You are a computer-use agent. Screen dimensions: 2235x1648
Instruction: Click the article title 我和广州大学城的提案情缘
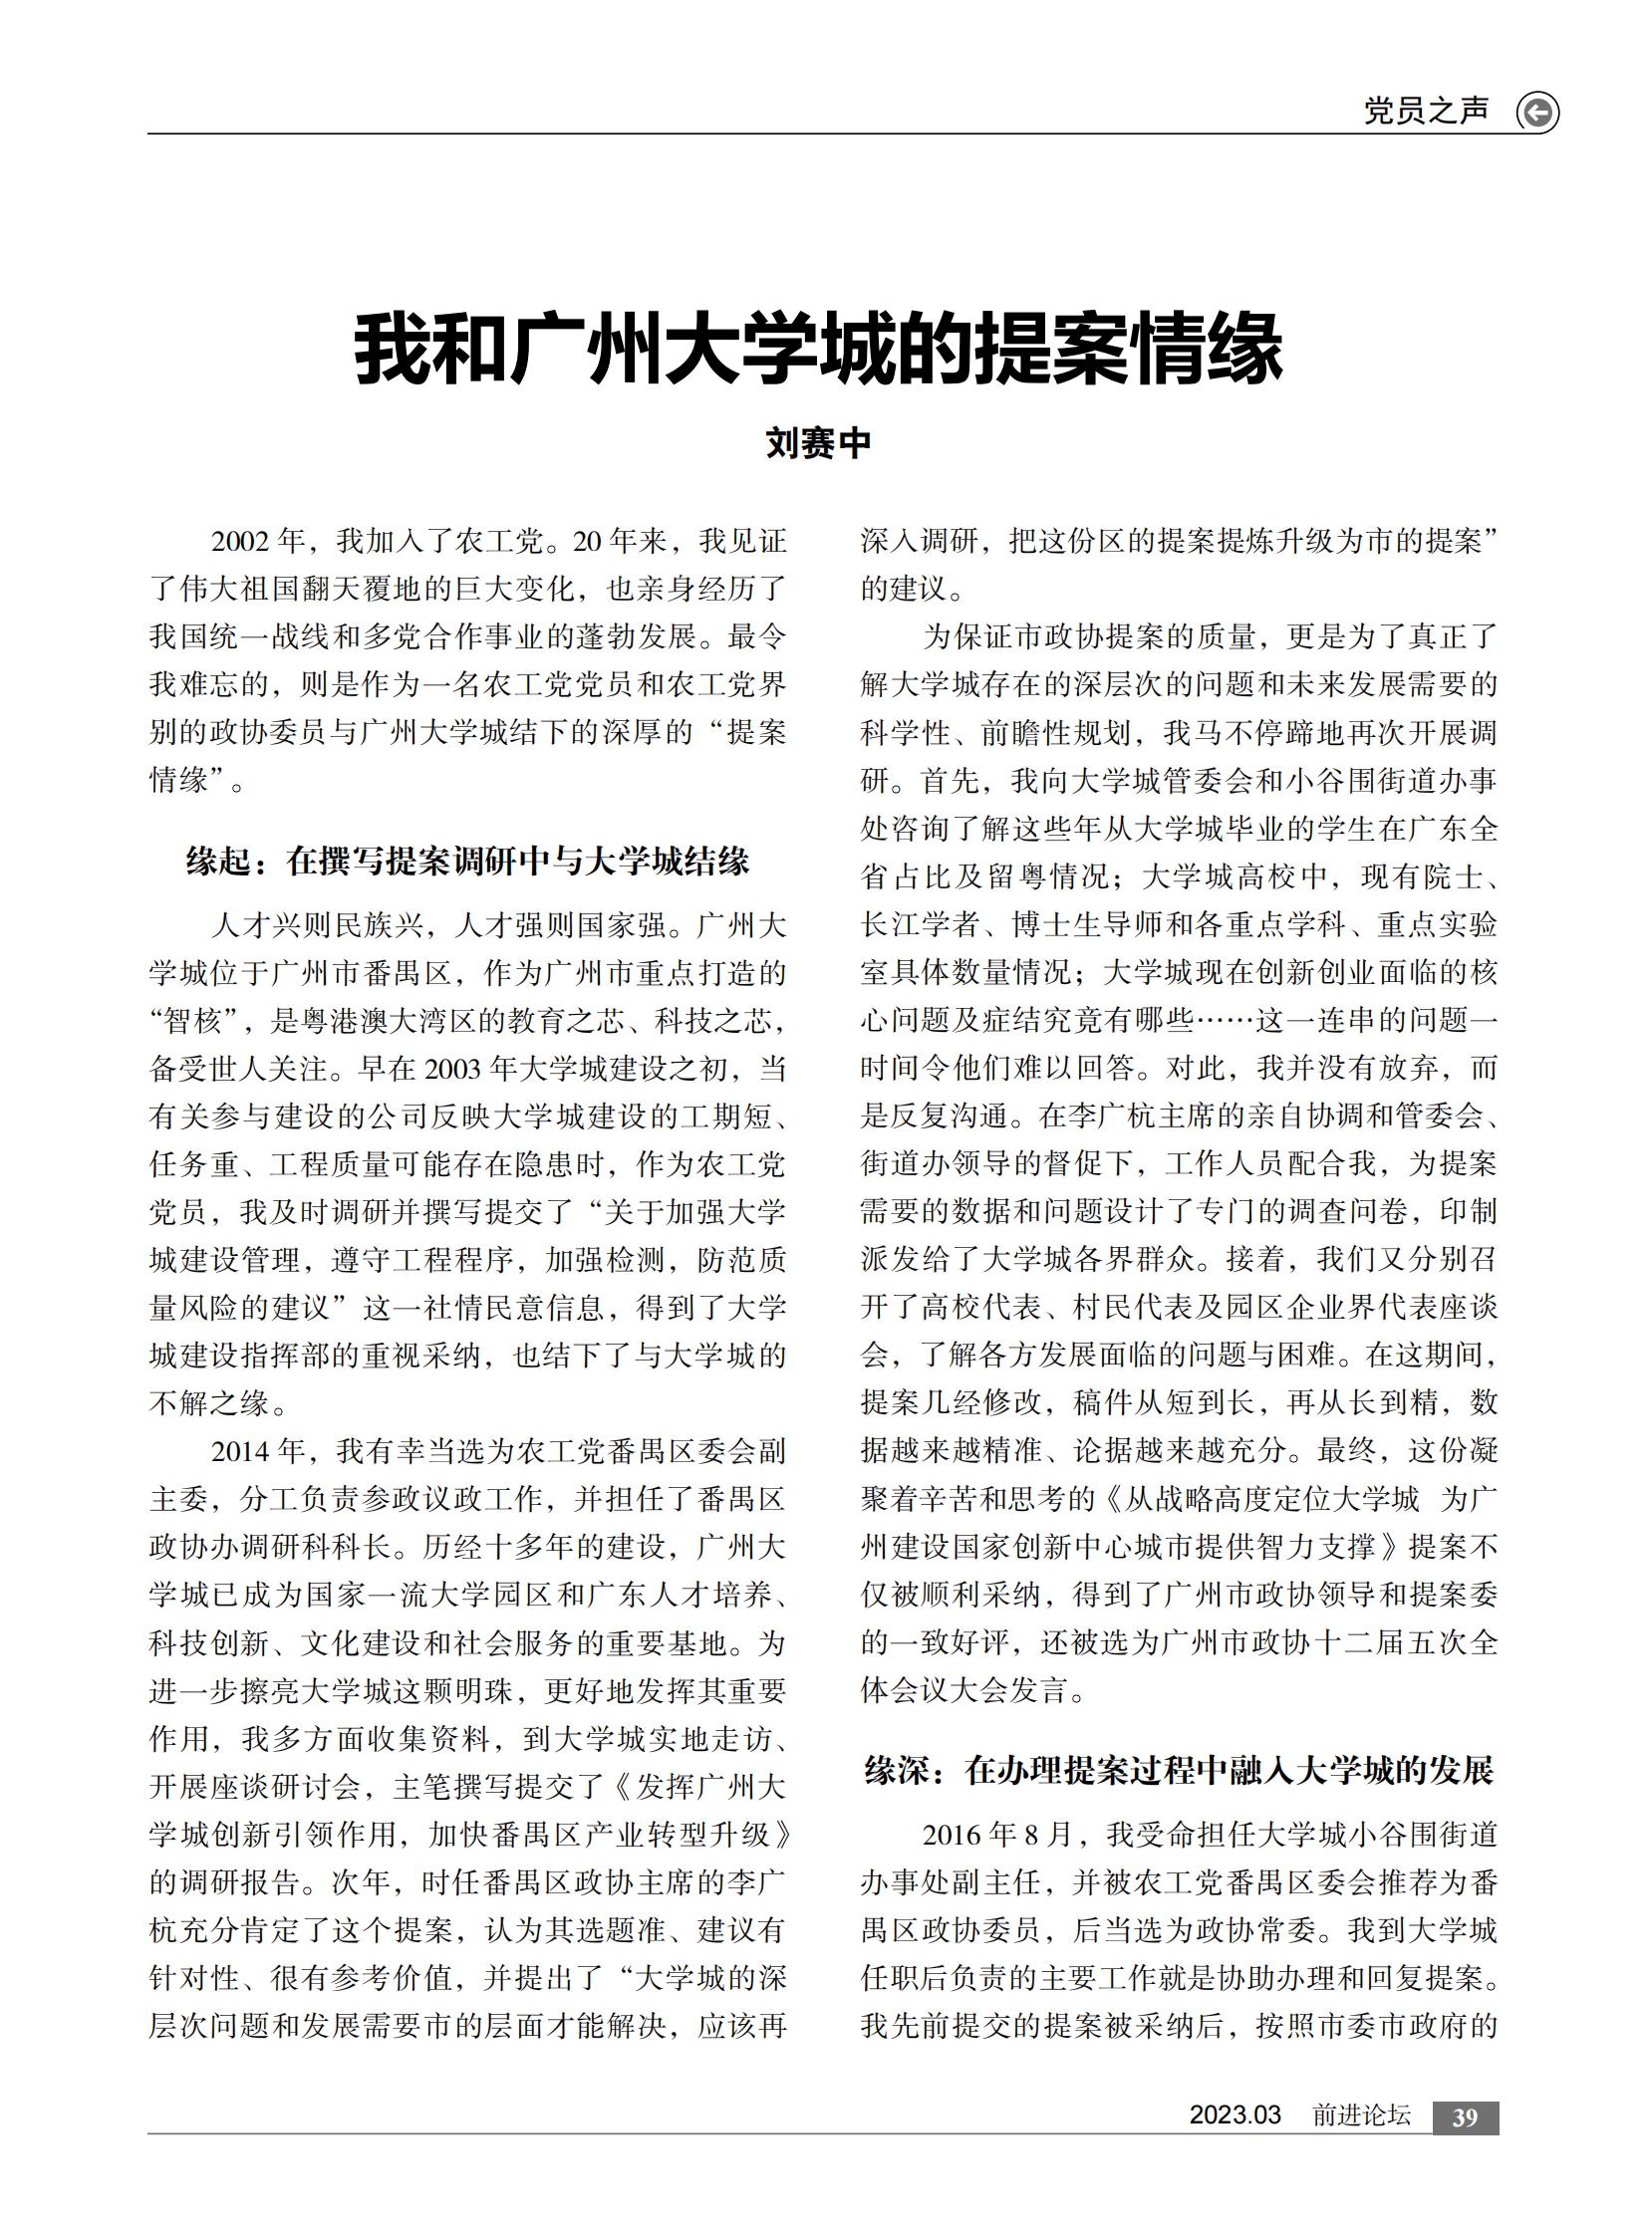[818, 348]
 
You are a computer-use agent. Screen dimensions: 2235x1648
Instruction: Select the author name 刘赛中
[818, 443]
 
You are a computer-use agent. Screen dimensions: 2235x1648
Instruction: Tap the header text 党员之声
[1426, 111]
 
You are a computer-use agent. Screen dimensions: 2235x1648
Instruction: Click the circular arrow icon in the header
[1537, 113]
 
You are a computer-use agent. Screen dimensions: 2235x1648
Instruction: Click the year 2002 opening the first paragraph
[240, 542]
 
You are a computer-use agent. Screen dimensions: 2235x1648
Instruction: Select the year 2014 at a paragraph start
[240, 1451]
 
